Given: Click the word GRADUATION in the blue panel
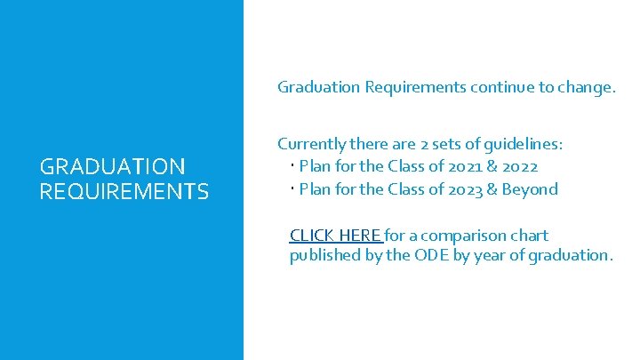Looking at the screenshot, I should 113,166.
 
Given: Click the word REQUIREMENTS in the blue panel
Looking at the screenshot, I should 124,191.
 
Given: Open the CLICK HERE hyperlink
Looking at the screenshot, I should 335,236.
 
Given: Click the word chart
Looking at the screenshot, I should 530,236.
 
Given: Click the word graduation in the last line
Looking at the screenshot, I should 570,256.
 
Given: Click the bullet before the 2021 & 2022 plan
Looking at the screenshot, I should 292,165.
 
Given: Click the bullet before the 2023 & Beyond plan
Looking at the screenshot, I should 292,188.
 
